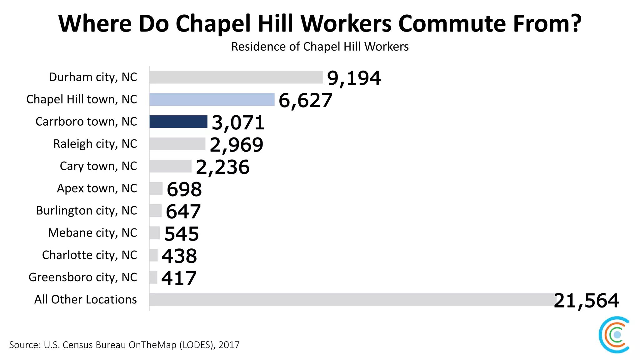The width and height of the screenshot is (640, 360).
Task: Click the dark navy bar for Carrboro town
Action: pyautogui.click(x=178, y=122)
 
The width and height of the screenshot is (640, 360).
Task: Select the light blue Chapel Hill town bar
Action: pyautogui.click(x=212, y=99)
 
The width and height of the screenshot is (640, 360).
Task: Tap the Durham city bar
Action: pyautogui.click(x=236, y=77)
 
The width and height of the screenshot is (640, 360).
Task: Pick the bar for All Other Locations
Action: pyautogui.click(x=350, y=299)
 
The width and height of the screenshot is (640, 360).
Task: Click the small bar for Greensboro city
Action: pyautogui.click(x=153, y=277)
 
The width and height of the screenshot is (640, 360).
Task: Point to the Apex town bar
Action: pyautogui.click(x=156, y=188)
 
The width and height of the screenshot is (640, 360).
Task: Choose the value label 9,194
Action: pyautogui.click(x=354, y=78)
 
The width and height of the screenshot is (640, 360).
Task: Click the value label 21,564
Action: pyautogui.click(x=586, y=301)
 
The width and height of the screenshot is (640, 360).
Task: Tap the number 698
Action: pyautogui.click(x=184, y=189)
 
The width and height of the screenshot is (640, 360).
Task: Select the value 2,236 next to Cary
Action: pyautogui.click(x=222, y=167)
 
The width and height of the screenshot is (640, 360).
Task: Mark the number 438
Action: pyautogui.click(x=179, y=256)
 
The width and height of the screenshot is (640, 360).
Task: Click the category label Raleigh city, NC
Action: pyautogui.click(x=95, y=144)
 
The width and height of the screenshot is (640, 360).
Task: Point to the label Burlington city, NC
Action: pyautogui.click(x=87, y=211)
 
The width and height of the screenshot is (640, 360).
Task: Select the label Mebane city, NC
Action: pyautogui.click(x=92, y=233)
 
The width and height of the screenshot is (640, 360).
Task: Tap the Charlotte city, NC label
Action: pyautogui.click(x=89, y=255)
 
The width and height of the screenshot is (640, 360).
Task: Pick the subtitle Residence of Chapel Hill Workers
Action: pyautogui.click(x=320, y=47)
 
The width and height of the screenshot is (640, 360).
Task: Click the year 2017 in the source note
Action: pyautogui.click(x=229, y=345)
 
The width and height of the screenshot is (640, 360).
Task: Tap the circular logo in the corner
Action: pyautogui.click(x=614, y=335)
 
